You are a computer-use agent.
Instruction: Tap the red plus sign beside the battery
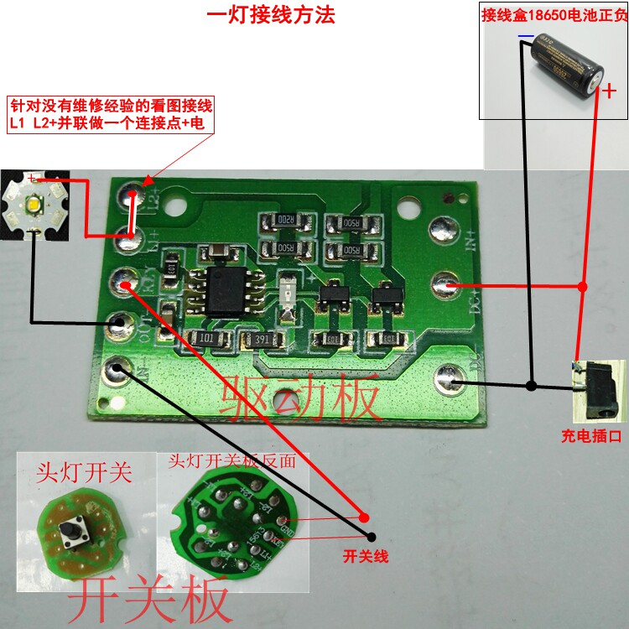(x=610, y=91)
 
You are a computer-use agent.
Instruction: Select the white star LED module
(x=34, y=201)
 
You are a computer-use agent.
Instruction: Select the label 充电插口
(x=591, y=435)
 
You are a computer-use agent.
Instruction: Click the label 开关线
(x=367, y=555)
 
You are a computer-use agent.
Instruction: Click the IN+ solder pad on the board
(x=442, y=228)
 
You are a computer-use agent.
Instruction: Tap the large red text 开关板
(x=151, y=600)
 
